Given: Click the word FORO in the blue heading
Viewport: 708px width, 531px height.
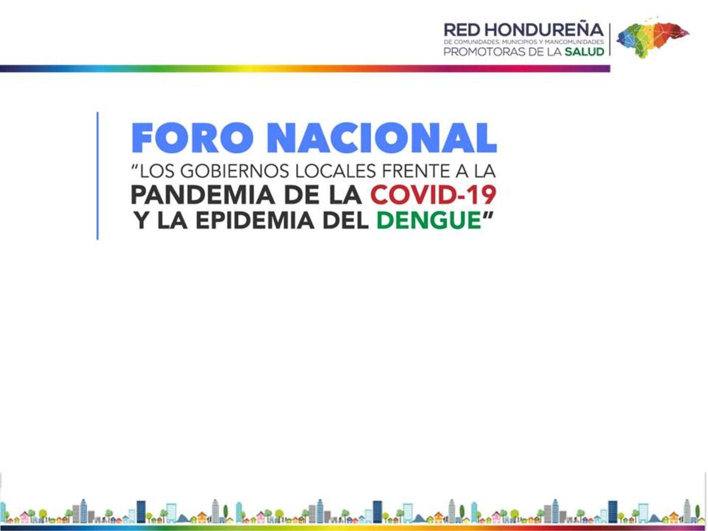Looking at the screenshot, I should (192, 138).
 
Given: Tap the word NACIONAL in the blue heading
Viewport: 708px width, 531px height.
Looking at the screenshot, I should (382, 138).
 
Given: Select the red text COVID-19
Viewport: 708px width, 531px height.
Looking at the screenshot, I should (433, 195).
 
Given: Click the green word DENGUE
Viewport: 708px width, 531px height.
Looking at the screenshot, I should (428, 221).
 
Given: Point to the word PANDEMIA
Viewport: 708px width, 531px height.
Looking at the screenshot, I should (202, 195).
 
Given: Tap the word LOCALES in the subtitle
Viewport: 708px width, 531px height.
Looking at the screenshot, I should (335, 172).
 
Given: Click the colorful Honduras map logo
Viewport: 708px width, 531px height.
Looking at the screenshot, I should (652, 36).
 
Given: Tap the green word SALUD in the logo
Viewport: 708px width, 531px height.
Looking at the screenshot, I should (584, 52).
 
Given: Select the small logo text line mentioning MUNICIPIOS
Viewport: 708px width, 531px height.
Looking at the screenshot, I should (524, 42).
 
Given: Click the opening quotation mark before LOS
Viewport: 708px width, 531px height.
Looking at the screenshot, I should (134, 168).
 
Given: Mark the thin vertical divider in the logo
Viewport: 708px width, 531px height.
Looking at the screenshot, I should (610, 39).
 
